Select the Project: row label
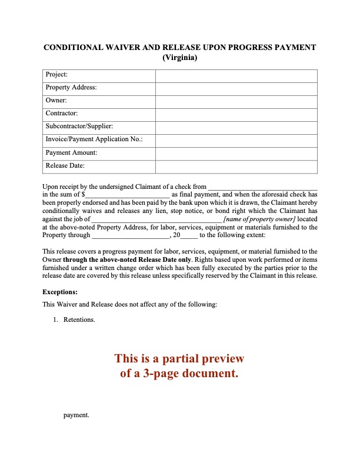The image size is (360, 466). (x=56, y=75)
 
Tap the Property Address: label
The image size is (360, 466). (x=71, y=88)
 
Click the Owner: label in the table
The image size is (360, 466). (x=56, y=101)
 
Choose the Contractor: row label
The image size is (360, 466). (x=62, y=113)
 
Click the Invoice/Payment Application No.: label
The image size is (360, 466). (x=94, y=139)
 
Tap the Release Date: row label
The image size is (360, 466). (x=65, y=165)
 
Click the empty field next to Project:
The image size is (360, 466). (x=236, y=75)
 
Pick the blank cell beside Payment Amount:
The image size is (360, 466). (x=236, y=153)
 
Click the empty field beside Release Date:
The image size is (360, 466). (x=236, y=166)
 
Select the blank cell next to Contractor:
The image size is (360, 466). (x=236, y=114)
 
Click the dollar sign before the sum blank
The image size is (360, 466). (x=84, y=194)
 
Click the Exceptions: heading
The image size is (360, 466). (x=60, y=291)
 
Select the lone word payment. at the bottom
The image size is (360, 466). (x=76, y=415)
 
